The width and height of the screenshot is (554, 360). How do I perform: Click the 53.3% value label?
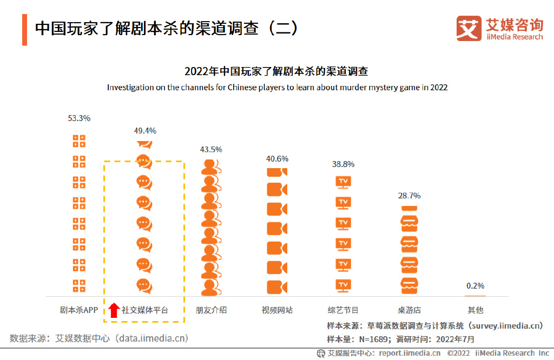pos(79,118)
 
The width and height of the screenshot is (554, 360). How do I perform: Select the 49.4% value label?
pos(145,131)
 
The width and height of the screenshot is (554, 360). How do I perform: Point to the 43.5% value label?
pos(211,150)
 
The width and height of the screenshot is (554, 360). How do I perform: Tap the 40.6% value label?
pos(277,159)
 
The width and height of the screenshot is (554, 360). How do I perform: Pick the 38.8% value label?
pos(343,164)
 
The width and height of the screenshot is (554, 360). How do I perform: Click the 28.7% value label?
pos(409,196)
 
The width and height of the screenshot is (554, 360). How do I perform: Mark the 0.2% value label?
pos(475,286)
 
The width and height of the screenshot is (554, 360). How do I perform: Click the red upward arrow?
pos(114,310)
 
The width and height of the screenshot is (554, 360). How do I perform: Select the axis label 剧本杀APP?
pos(79,310)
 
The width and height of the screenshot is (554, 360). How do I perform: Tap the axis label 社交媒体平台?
pos(145,310)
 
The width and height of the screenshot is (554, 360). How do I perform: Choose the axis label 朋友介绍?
pos(211,310)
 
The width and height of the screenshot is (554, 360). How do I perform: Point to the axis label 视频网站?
pos(277,310)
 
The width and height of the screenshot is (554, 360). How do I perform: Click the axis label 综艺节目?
pos(343,310)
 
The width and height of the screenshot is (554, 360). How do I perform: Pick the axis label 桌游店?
pos(409,310)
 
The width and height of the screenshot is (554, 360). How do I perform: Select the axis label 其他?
pos(475,310)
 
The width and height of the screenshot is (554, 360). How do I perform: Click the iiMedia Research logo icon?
pos(469,29)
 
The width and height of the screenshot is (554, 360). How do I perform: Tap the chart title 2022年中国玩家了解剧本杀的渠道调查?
pos(276,71)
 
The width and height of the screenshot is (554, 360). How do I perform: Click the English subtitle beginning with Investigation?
pos(277,87)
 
